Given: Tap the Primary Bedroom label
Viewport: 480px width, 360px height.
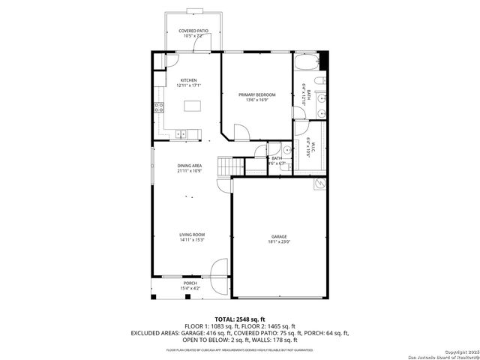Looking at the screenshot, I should click(257, 94).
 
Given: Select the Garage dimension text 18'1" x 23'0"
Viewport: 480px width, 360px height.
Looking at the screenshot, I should click(279, 242).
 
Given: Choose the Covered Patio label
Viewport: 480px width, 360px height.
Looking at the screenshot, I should click(193, 31).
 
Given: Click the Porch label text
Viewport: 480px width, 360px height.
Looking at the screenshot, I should click(190, 283).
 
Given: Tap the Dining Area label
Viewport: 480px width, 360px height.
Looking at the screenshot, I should click(189, 166).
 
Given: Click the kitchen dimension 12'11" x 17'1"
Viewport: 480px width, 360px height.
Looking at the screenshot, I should click(188, 85).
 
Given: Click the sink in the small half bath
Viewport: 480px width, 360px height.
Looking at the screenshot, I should click(275, 148).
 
